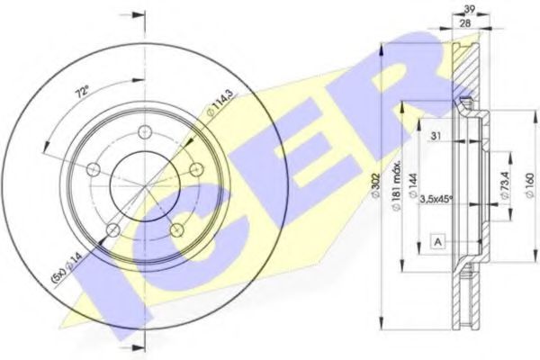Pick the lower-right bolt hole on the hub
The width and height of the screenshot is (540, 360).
(x=178, y=231)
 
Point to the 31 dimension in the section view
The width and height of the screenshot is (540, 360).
(x=436, y=136)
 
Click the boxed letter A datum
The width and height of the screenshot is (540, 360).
(x=436, y=241)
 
